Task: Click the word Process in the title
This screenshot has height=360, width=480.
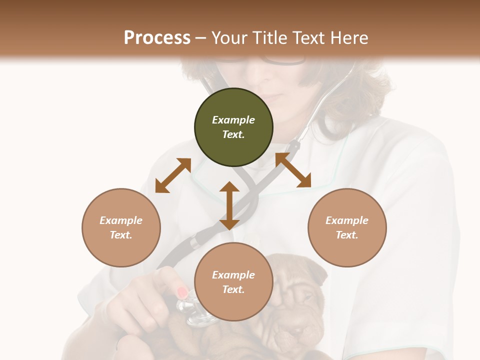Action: coord(157,38)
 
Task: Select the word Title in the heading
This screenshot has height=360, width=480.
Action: coord(269,38)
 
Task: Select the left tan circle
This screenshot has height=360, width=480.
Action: coord(121,227)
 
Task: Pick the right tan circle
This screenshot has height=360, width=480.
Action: coord(347,227)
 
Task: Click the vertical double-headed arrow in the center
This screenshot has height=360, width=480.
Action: coord(229,205)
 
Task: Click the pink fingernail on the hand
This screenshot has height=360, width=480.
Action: coord(182,292)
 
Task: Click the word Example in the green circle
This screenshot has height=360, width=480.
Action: coord(233,120)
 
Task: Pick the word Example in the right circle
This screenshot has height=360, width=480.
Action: coord(347,220)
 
